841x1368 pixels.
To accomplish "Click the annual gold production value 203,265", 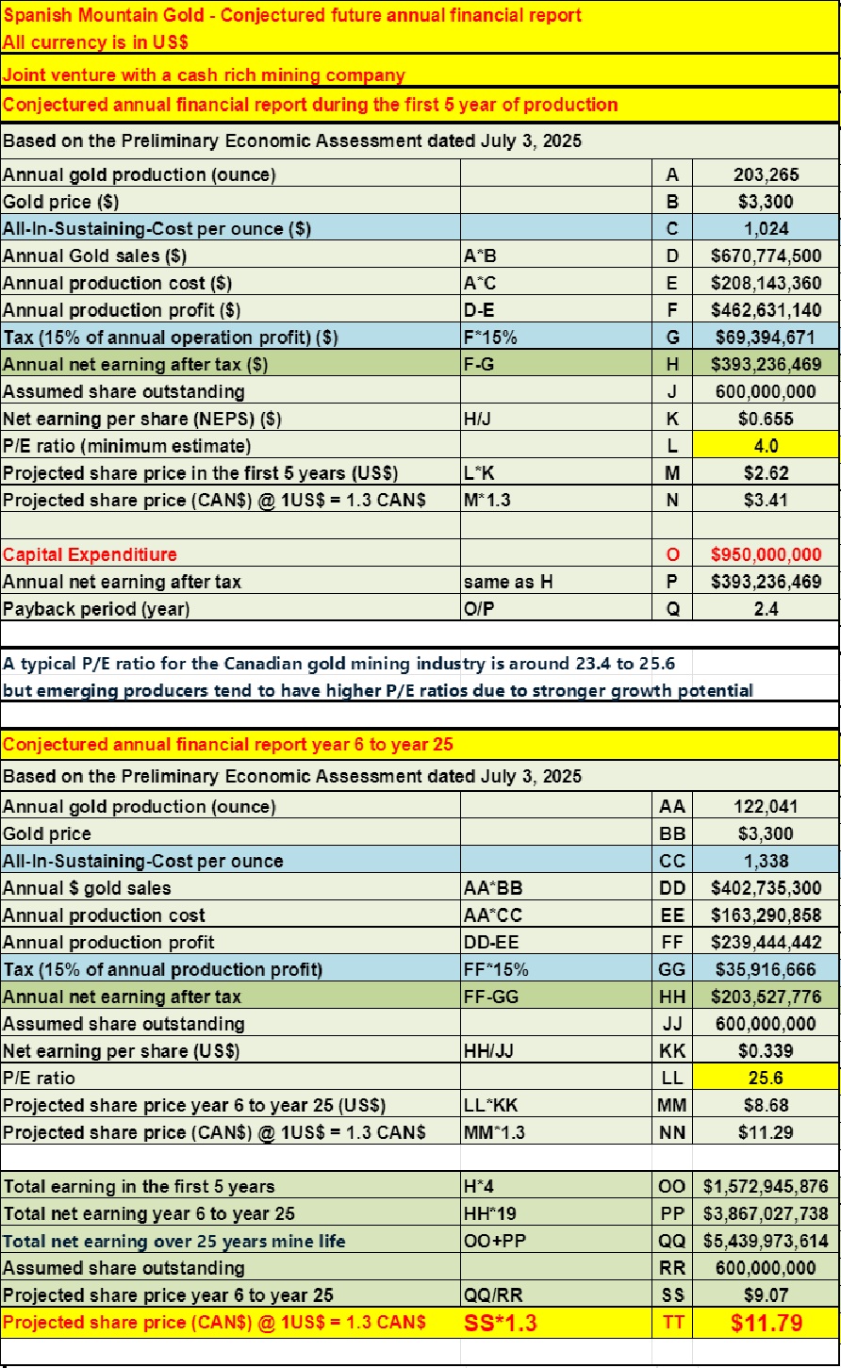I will pos(766,174).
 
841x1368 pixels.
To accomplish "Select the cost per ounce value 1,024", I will pos(766,228).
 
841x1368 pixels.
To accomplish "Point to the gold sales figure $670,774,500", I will pos(766,255).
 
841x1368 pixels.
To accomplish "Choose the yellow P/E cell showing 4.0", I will pos(766,445).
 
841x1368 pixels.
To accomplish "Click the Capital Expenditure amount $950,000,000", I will pos(766,554).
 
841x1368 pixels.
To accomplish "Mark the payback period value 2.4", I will pos(766,609).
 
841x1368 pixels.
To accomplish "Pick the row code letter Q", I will pos(672,609).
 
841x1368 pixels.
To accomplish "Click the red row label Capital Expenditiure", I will pos(90,554).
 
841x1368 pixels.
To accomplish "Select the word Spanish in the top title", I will pos(33,15).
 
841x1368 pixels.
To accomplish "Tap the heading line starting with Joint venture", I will pos(204,75).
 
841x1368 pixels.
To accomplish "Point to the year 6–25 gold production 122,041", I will pos(766,806).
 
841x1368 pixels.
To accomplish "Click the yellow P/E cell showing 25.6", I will pos(766,1078).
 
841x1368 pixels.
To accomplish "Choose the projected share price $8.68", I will pos(766,1105).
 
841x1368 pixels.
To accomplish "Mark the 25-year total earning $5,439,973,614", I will pos(766,1242).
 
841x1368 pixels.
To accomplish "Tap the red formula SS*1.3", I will pos(501,1323).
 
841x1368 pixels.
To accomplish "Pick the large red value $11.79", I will pos(766,1323).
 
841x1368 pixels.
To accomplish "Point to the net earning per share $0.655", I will pos(766,419).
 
